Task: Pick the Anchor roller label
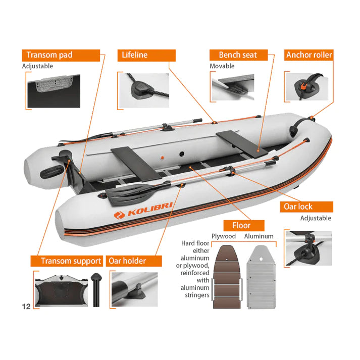pos(308,55)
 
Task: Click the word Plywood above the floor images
pos(224,236)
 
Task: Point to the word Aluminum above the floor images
pos(259,236)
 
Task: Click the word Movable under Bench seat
pos(222,66)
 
